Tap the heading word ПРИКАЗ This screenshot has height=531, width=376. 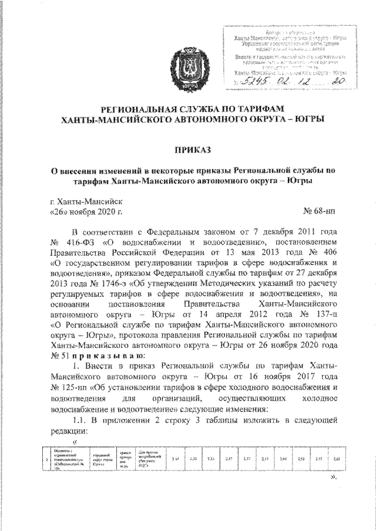click(187, 150)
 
